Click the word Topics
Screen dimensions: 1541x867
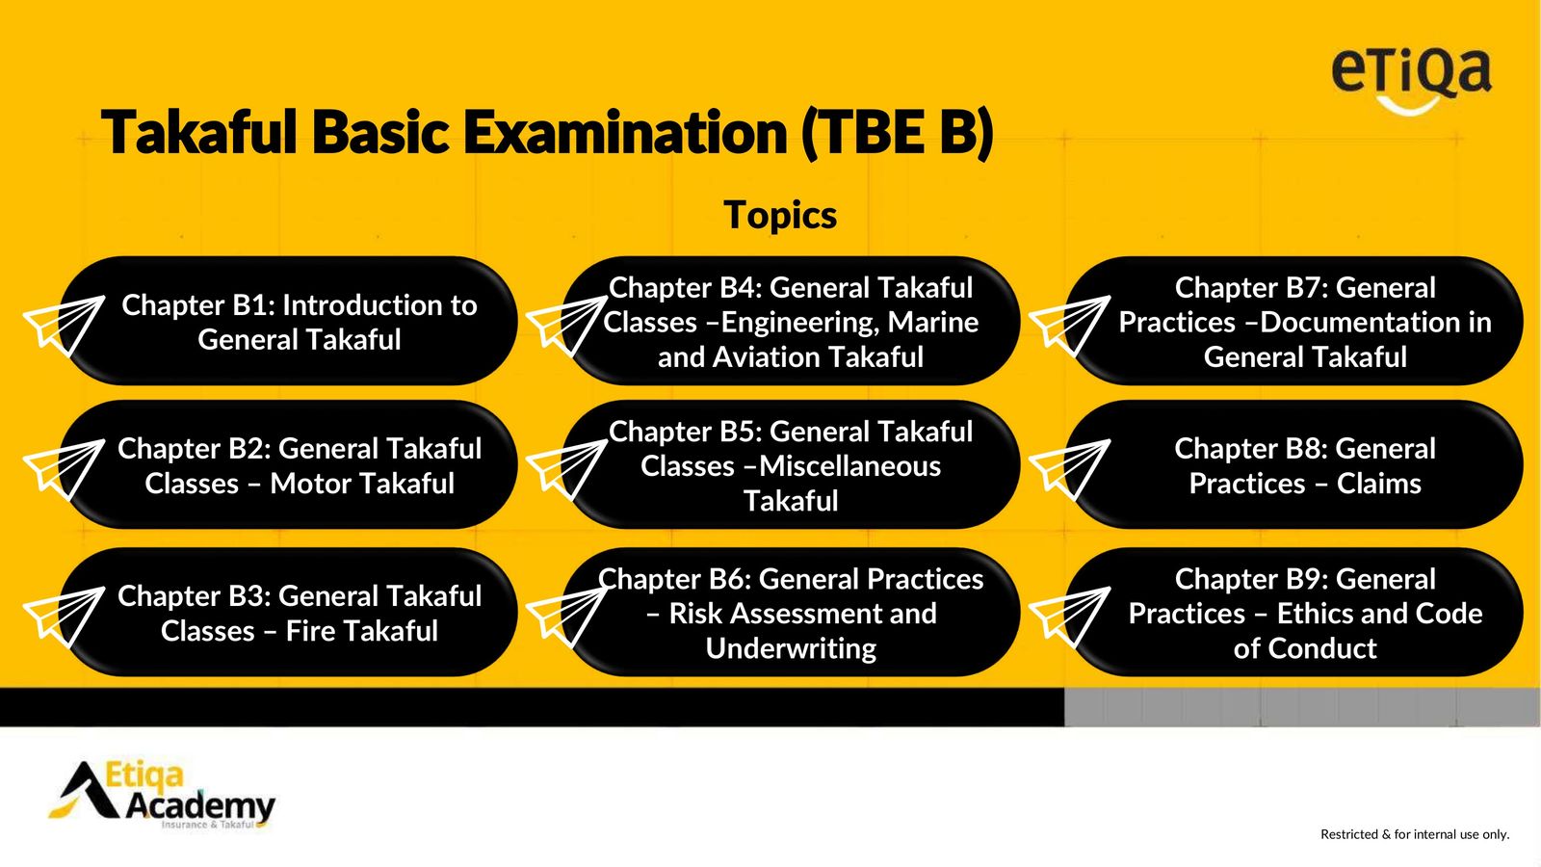tap(780, 215)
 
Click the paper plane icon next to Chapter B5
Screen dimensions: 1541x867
tap(567, 468)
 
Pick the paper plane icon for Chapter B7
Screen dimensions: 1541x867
tap(1070, 325)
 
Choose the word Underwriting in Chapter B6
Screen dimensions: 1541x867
tap(791, 648)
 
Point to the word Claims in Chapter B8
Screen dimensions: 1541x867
tap(1378, 484)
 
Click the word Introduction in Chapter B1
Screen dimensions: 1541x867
tap(357, 304)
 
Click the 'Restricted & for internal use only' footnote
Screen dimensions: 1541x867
tap(1415, 834)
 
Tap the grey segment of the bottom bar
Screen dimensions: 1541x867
tap(1301, 707)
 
